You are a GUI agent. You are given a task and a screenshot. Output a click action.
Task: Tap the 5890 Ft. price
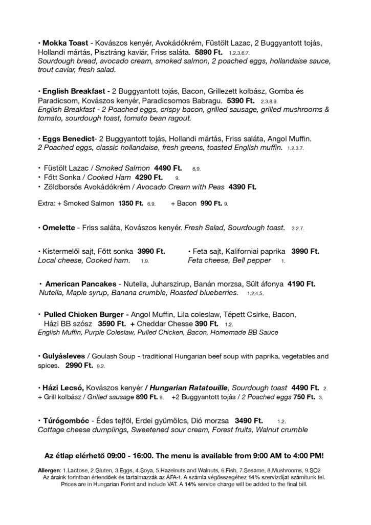coord(209,52)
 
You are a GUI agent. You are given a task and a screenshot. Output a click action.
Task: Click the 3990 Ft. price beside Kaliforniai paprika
coord(305,251)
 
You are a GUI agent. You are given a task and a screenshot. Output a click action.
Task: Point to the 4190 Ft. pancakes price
coord(302,284)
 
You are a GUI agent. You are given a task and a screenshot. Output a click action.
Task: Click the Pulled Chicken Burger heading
coord(85,314)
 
